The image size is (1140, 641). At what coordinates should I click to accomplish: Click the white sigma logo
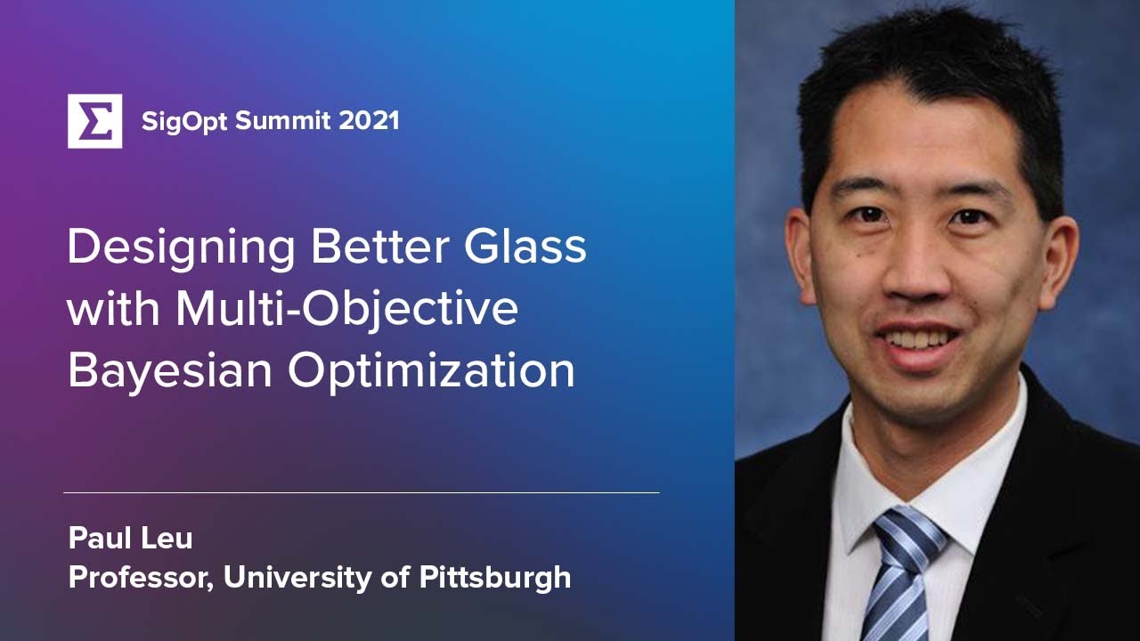click(94, 120)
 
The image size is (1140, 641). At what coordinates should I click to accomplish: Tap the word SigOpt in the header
click(184, 120)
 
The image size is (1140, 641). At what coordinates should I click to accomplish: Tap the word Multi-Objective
click(347, 309)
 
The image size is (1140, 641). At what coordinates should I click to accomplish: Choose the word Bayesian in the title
click(169, 371)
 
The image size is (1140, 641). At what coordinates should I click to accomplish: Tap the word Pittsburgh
click(495, 577)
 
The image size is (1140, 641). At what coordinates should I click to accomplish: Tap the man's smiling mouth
click(917, 339)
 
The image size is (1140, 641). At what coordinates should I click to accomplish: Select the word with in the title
click(113, 309)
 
